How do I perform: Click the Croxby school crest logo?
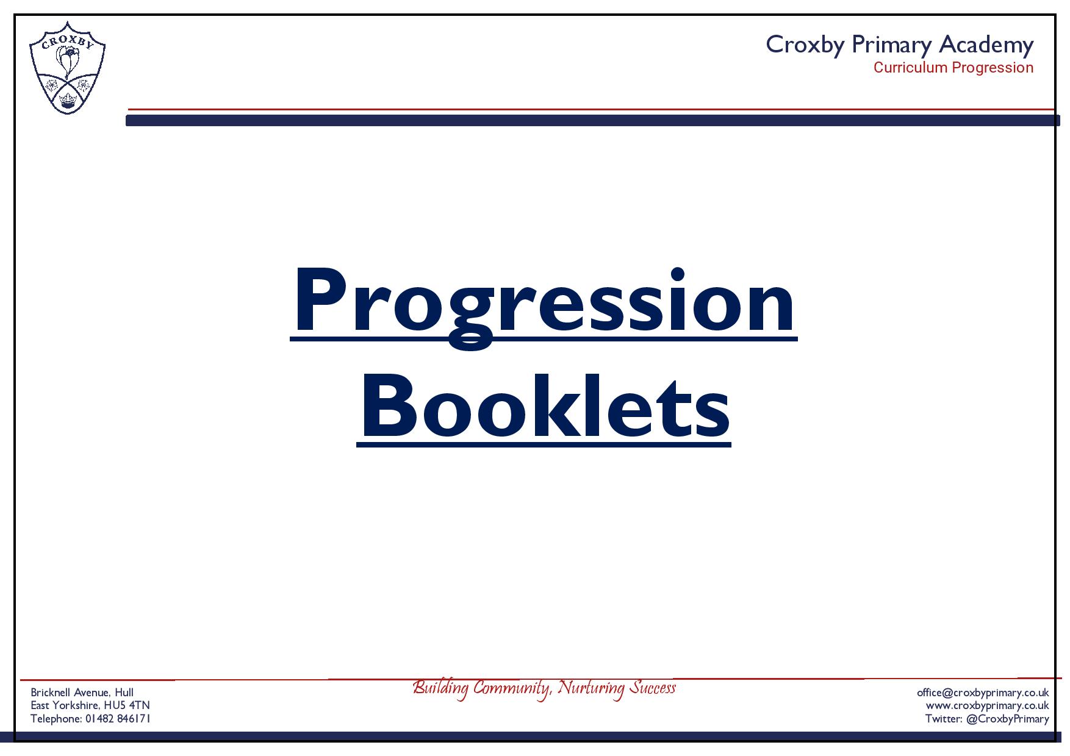(x=67, y=67)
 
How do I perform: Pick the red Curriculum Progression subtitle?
(x=953, y=68)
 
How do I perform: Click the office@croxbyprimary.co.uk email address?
(x=983, y=693)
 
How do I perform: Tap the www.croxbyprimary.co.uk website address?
(x=988, y=705)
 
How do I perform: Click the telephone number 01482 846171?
(x=118, y=719)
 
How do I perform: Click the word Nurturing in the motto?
(x=592, y=688)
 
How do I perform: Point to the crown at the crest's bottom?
(x=67, y=98)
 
